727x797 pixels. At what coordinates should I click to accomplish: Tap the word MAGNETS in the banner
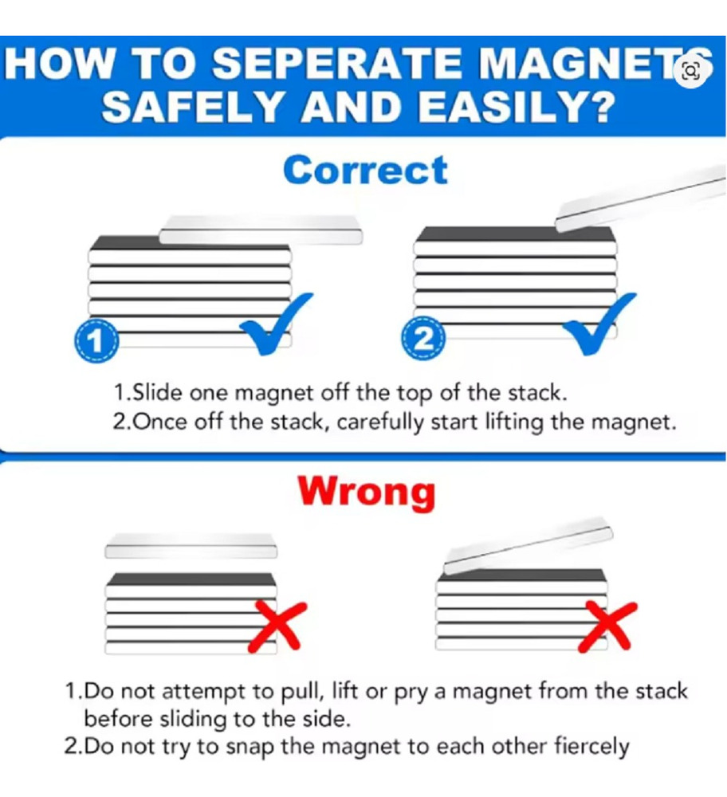(x=595, y=64)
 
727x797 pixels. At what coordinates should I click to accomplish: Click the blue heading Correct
(x=366, y=171)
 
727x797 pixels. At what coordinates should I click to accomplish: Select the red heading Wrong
(x=366, y=492)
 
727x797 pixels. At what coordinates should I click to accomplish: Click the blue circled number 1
(x=96, y=340)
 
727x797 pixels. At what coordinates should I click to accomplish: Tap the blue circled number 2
(x=423, y=338)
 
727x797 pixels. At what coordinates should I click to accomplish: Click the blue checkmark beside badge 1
(x=276, y=324)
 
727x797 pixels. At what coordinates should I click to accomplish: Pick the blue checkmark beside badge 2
(x=600, y=324)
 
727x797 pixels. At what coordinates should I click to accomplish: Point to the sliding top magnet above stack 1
(x=261, y=230)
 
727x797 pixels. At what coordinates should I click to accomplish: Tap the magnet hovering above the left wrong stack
(x=191, y=546)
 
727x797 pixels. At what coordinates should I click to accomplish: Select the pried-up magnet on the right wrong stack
(x=529, y=549)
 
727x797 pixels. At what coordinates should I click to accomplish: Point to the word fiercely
(x=591, y=747)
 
